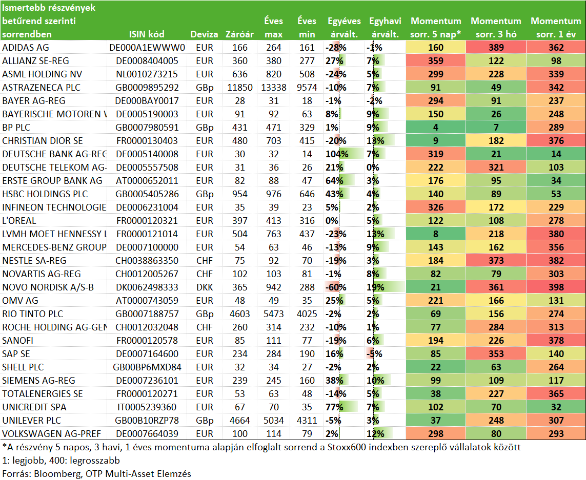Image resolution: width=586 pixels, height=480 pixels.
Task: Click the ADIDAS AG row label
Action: coord(26,48)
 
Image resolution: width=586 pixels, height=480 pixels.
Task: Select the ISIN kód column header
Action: coord(147,34)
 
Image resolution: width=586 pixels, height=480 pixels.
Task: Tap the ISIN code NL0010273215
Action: coord(147,74)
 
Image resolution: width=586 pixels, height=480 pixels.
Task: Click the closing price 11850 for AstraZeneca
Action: coord(240,88)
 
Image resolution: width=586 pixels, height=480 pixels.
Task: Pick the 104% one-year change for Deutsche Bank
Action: coord(337,154)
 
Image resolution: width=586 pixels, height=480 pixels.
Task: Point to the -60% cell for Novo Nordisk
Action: coord(336,287)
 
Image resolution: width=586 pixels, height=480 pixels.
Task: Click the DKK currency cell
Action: coord(205,287)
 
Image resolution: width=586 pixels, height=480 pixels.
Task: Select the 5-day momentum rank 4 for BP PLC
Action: coord(436,128)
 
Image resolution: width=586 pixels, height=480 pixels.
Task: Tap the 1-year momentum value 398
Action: coord(556,287)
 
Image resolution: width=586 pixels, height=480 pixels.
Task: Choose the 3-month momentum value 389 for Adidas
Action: coord(496,48)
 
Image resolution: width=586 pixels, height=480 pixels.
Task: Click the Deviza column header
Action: coord(204,34)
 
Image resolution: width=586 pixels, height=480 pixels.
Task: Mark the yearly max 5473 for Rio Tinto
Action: coord(274,314)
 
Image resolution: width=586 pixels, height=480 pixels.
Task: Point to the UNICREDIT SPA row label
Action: coord(34,407)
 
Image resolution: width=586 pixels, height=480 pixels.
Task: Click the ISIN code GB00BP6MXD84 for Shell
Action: coord(147,367)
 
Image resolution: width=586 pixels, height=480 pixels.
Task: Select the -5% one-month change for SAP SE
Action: coord(374,354)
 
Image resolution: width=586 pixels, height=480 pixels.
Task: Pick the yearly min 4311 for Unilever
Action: coord(307,421)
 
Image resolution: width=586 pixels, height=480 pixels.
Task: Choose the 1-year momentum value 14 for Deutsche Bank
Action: coord(556,154)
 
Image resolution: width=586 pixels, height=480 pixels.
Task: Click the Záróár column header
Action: coord(239,34)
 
